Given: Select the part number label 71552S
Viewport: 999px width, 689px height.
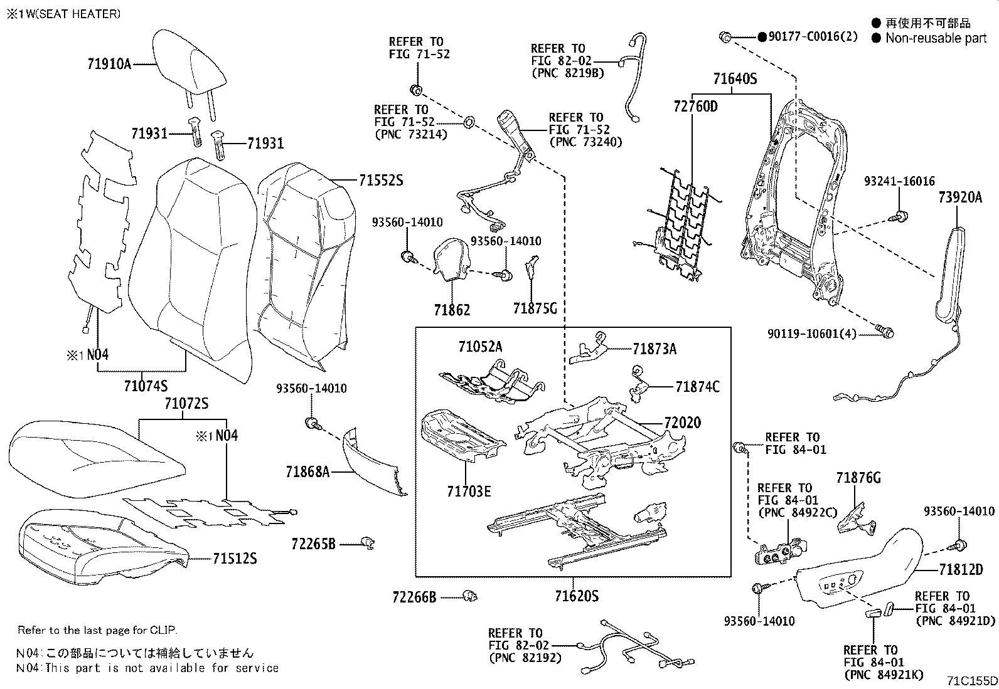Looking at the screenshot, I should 380,181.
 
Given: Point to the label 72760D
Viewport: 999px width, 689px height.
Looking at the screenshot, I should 695,106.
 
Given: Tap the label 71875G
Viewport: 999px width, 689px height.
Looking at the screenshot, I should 535,308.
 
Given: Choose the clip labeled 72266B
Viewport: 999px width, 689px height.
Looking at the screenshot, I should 469,596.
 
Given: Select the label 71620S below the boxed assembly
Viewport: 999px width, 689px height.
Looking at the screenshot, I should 576,596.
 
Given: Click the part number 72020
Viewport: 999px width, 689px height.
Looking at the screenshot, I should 683,423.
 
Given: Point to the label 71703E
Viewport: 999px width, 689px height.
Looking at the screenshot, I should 469,492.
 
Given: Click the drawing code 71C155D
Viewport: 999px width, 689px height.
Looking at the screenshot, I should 971,680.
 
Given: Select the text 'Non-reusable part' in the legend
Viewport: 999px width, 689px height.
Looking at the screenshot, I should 936,38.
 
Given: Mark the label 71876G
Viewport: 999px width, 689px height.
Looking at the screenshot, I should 858,478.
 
